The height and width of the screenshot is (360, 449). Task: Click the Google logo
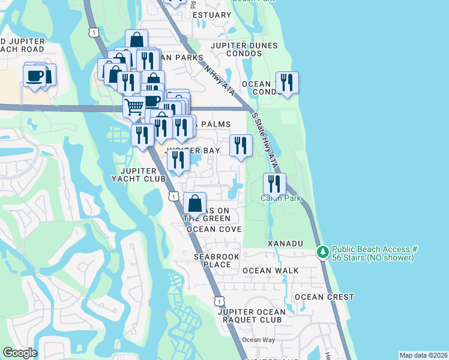[20, 353]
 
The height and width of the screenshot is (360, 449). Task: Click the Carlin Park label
[280, 199]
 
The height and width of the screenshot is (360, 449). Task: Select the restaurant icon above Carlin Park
[274, 183]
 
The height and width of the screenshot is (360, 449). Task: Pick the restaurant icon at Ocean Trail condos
[287, 83]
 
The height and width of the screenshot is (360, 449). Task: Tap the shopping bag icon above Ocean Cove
[194, 203]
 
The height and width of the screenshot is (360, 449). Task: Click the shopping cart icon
[134, 107]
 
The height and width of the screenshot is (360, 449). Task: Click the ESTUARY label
[213, 15]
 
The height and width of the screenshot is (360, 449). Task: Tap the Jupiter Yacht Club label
[139, 175]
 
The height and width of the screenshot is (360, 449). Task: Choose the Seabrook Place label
[212, 260]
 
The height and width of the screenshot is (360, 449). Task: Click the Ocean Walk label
[271, 271]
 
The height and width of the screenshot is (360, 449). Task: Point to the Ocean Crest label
[324, 297]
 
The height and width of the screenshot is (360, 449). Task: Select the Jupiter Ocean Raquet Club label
[252, 316]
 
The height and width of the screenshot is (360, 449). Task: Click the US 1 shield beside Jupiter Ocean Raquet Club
[220, 300]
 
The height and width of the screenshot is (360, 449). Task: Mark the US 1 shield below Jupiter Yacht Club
[173, 196]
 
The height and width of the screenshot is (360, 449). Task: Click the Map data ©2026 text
[423, 355]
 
